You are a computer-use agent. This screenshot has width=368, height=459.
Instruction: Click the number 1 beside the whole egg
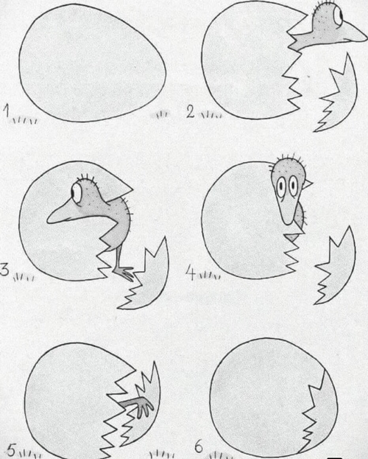pos(7,111)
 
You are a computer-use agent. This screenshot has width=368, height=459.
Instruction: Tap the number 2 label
pos(191,112)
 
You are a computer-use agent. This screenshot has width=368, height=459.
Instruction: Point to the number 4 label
pos(191,274)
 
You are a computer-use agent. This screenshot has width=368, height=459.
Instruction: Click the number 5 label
pos(12,450)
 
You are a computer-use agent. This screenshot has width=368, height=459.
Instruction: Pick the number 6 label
pos(199,446)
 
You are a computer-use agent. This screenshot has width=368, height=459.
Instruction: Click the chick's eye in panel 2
pos(339,15)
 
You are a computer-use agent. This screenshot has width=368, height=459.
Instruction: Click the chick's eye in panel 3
pos(77,193)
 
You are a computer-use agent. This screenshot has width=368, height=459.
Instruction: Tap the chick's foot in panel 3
pos(125,273)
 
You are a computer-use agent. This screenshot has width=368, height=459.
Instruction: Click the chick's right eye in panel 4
pos(293,185)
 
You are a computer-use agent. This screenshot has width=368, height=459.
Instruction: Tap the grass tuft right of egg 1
pos(160,114)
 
